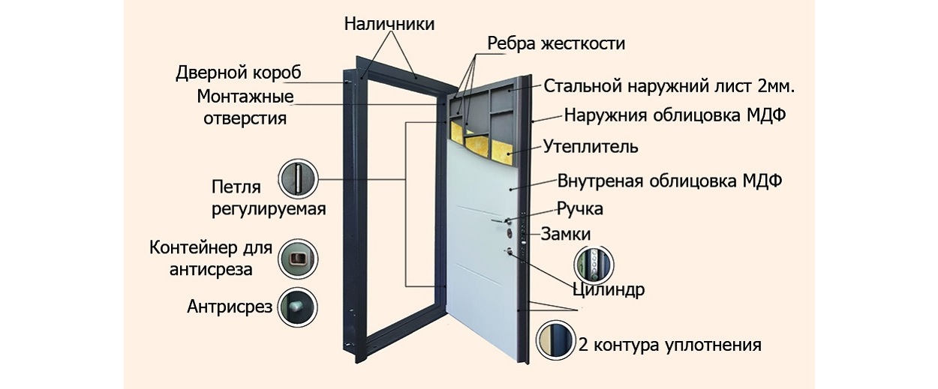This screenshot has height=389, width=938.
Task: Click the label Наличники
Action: (389, 24)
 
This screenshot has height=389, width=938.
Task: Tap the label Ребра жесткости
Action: (555, 43)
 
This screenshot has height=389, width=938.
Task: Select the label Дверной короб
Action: (238, 73)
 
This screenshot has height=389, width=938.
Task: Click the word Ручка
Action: (579, 208)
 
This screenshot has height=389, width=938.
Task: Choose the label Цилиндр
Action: (608, 289)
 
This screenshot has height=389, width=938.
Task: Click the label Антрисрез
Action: (229, 307)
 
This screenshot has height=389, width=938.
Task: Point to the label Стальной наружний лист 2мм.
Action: (669, 86)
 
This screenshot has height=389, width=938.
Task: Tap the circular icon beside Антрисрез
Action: (296, 307)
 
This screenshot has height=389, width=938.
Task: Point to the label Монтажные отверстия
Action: (245, 107)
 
